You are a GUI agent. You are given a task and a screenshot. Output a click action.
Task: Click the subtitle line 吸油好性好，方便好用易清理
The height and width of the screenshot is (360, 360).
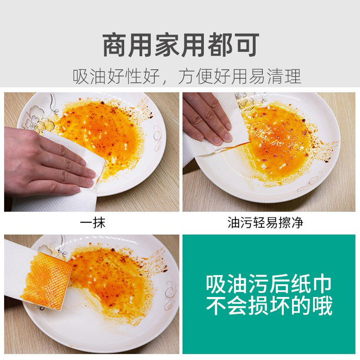click(187, 76)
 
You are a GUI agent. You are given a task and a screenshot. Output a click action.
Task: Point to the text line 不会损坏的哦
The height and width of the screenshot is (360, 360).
click(269, 306)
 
